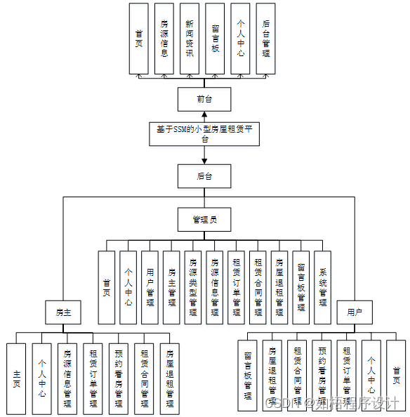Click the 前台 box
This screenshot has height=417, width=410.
tap(204, 99)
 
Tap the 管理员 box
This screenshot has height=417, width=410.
tap(204, 220)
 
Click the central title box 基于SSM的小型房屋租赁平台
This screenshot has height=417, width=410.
tap(204, 134)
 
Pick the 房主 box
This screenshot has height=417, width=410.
tap(64, 312)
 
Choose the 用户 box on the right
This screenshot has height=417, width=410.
tap(355, 312)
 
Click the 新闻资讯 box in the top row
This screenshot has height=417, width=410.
tap(189, 39)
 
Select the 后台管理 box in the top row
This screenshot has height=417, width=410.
tap(265, 39)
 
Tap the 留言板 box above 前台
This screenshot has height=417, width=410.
tap(215, 39)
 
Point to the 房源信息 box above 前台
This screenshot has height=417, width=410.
tap(164, 39)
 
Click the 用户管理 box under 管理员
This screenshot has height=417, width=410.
tap(150, 286)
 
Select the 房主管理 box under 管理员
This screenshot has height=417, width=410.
tap(171, 286)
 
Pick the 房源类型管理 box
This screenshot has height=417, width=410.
tap(193, 286)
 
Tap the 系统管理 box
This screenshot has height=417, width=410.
tap(322, 286)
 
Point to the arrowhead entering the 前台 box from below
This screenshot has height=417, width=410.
tap(204, 114)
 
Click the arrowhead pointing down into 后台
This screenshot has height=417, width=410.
tap(204, 160)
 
